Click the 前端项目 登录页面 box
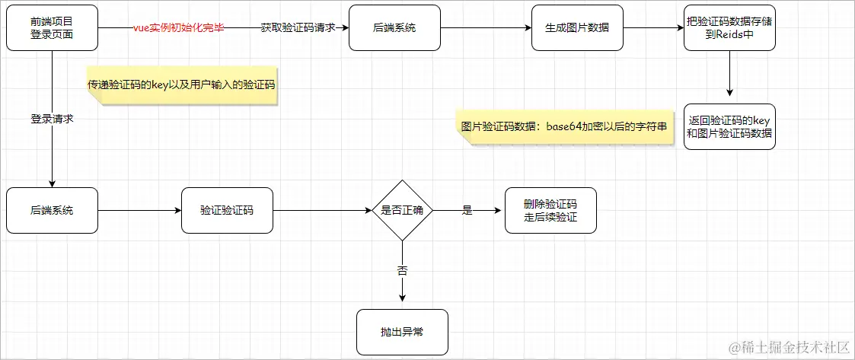point(52,28)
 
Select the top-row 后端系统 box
point(395,28)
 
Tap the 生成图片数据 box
point(577,28)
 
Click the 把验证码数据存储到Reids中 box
point(729,28)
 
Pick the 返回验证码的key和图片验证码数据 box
point(729,126)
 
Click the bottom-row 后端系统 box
point(52,210)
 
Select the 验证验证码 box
point(227,210)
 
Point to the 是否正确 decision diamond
point(402,211)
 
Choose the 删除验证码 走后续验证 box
point(550,210)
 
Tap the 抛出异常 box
point(402,332)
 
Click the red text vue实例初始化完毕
point(178,28)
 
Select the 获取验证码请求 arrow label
point(293,28)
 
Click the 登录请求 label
point(52,119)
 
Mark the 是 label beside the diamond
point(467,211)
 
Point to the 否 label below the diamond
point(402,270)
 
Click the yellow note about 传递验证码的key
point(181,85)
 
